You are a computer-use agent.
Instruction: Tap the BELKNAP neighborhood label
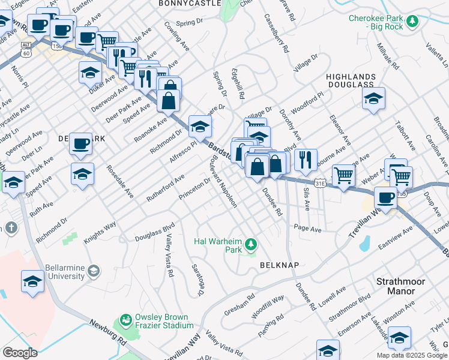279,265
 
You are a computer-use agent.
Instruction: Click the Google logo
20,353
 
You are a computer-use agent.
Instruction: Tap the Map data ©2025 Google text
411,355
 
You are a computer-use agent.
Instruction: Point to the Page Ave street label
307,229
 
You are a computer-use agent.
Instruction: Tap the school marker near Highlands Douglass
373,98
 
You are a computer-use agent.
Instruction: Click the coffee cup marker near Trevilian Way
385,197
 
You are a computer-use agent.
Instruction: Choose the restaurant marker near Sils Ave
306,159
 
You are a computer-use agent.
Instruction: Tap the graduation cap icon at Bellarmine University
93,271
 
